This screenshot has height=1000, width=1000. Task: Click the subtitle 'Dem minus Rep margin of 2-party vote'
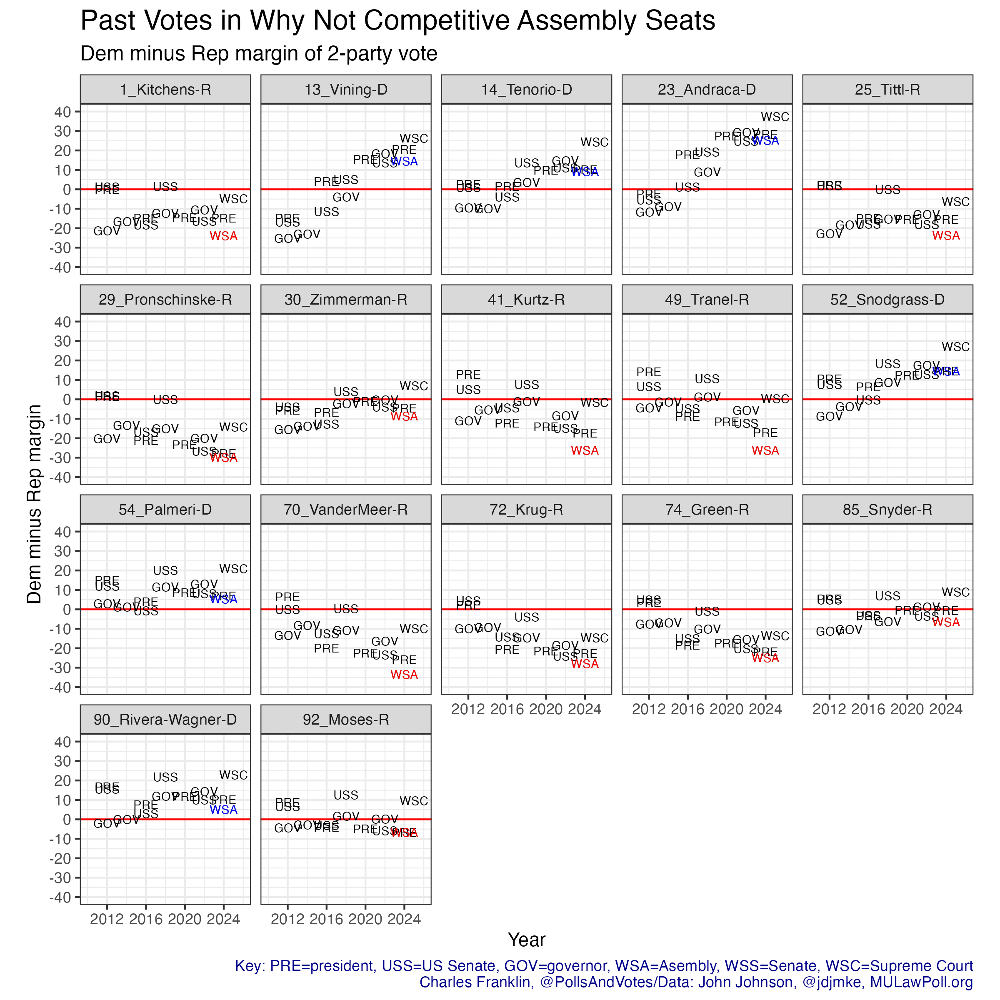click(259, 54)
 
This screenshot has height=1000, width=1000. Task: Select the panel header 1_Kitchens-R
click(165, 90)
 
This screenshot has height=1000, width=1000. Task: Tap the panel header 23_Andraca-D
click(707, 90)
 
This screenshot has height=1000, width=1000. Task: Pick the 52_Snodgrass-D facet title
click(887, 300)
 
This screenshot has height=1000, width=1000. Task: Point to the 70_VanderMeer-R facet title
click(346, 510)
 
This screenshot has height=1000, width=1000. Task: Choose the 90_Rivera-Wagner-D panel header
click(165, 720)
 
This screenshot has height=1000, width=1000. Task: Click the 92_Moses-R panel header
click(346, 720)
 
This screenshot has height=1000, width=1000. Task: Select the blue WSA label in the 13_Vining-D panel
click(404, 162)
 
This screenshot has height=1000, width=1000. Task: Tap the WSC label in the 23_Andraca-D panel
click(775, 117)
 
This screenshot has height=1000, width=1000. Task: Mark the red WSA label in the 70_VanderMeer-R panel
click(404, 675)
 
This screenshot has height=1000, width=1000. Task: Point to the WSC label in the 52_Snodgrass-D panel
click(955, 347)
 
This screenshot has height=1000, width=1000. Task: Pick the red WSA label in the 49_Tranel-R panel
click(765, 451)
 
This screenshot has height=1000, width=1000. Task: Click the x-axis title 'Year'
click(526, 940)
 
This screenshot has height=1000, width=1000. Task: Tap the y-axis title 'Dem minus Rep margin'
click(34, 504)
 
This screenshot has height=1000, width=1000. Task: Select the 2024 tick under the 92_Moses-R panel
click(404, 919)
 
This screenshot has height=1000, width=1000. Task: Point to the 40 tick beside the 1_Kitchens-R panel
click(62, 112)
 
